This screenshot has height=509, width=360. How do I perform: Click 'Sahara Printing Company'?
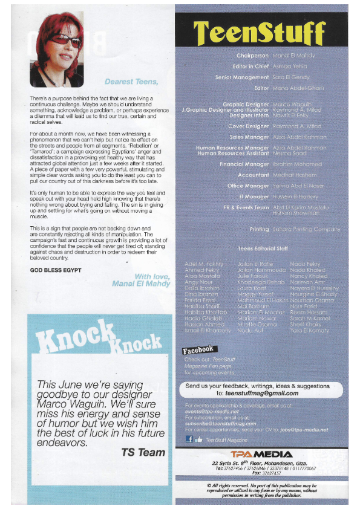pos(307,230)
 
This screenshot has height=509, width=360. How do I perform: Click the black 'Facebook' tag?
pos(198,349)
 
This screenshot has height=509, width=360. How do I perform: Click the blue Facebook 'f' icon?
pos(189,439)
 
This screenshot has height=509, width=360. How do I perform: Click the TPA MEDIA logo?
pos(263,453)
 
